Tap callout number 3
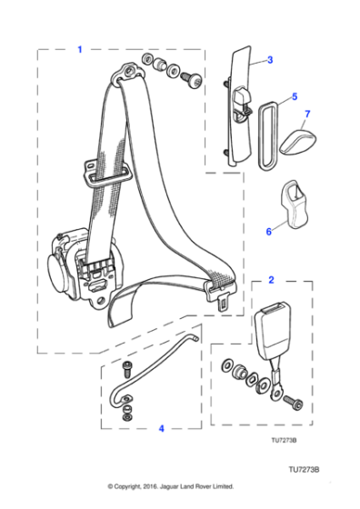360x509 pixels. click(270, 60)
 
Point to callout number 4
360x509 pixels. click(160, 427)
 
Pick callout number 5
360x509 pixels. click(294, 95)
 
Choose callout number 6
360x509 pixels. click(269, 232)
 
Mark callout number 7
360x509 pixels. click(306, 115)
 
